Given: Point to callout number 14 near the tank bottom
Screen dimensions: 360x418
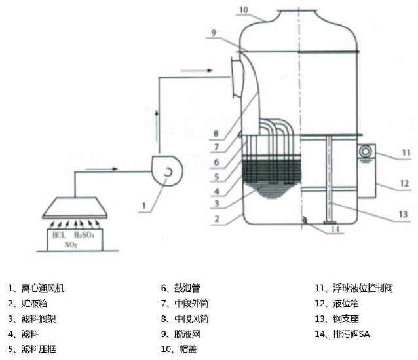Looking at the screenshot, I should (x=335, y=229).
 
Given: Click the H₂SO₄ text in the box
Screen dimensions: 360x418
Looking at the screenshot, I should (x=88, y=235).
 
